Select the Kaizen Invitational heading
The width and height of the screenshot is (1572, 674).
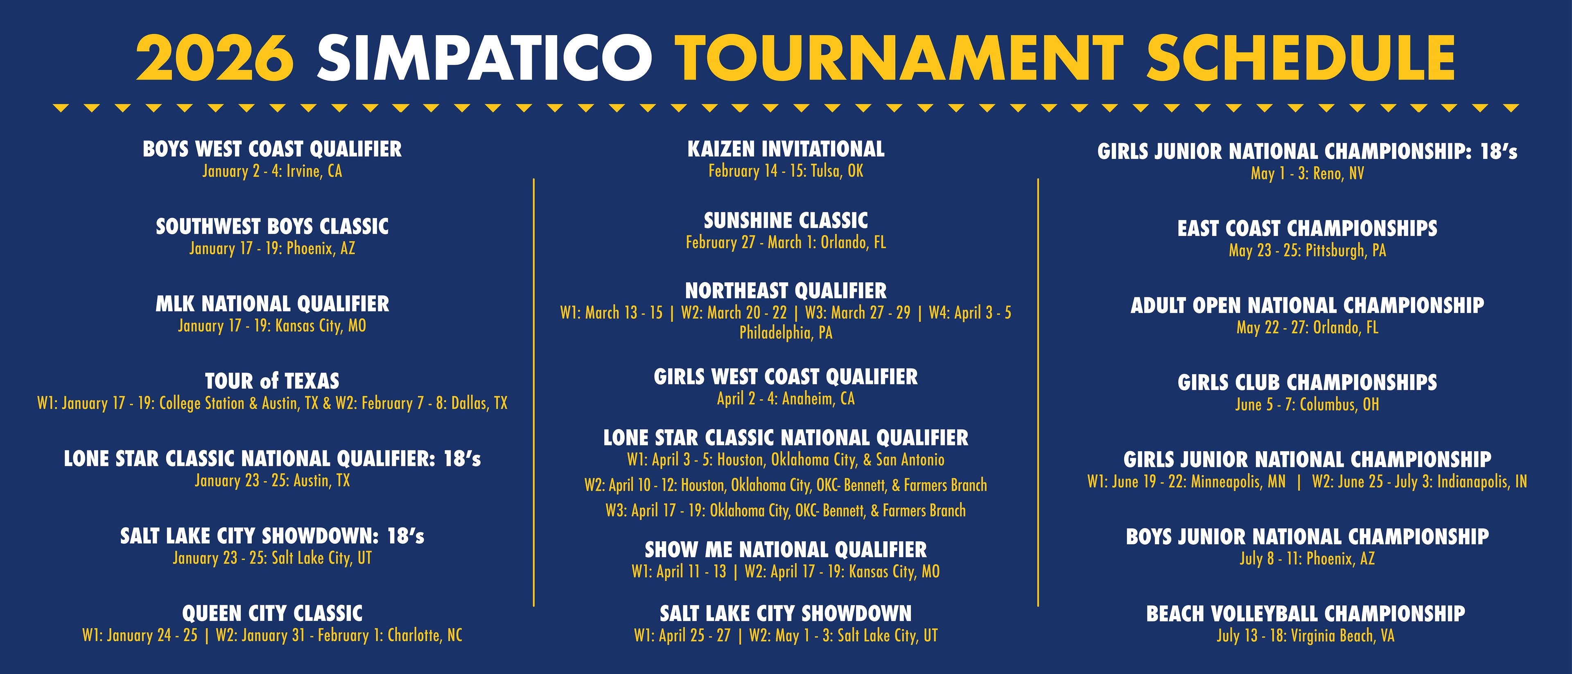click(x=786, y=149)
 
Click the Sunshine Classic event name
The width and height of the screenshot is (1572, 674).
click(x=786, y=220)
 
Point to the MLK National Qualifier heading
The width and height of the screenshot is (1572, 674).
click(x=272, y=304)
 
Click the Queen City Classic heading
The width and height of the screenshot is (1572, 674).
click(x=272, y=613)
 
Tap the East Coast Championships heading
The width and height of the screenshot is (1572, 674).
click(x=1307, y=228)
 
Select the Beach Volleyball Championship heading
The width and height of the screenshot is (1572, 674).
click(x=1305, y=613)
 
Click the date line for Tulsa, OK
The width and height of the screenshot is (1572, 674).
click(x=786, y=171)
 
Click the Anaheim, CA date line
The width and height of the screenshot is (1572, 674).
click(x=786, y=399)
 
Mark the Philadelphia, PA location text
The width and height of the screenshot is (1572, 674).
click(x=786, y=333)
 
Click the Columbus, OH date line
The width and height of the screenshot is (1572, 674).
click(x=1307, y=405)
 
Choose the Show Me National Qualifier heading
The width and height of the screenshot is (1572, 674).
click(x=786, y=550)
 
